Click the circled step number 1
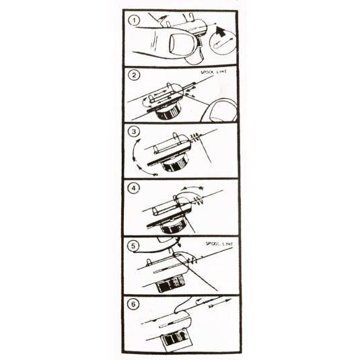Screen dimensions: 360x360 point(134,20)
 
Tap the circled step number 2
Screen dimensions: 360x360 point(134,75)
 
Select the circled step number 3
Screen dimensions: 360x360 point(134,132)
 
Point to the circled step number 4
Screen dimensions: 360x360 point(134,188)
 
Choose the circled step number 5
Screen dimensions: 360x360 point(133,246)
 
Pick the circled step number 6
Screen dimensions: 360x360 point(133,304)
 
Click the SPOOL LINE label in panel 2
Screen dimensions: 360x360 point(213,72)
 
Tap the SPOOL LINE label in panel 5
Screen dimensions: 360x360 point(219,244)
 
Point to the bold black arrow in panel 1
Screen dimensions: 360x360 point(221,31)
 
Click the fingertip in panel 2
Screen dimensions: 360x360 point(219,110)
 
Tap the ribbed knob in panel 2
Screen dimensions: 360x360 point(169,112)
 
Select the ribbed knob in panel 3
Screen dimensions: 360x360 point(174,164)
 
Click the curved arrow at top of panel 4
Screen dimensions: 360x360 point(192,188)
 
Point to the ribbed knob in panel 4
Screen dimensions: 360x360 point(174,227)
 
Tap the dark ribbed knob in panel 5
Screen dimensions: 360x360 point(170,285)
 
